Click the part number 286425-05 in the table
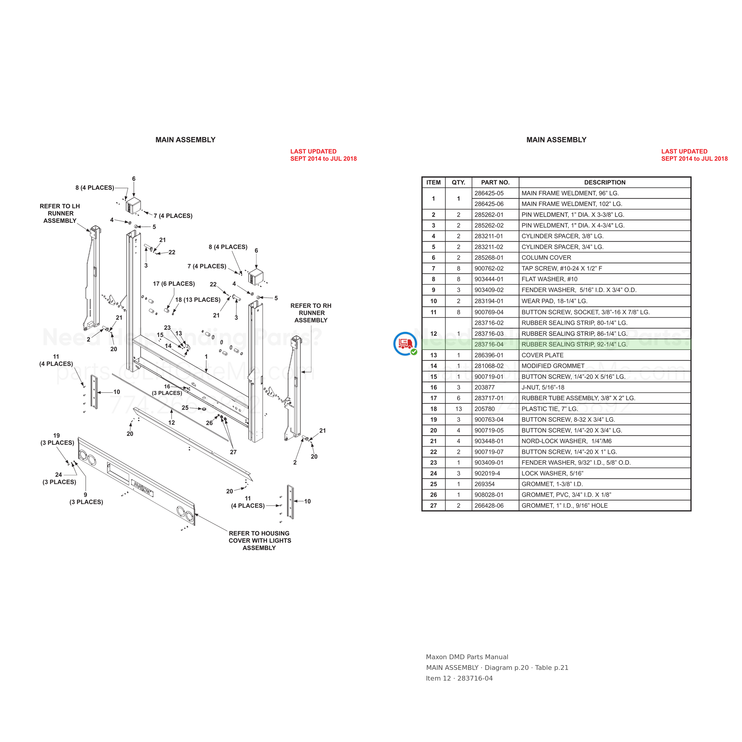[x=489, y=193]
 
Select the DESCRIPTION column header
[x=605, y=183]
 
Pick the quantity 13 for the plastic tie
[x=458, y=409]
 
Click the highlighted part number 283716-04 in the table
[x=489, y=345]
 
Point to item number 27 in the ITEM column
[x=433, y=506]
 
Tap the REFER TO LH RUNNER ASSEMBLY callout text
[x=60, y=213]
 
